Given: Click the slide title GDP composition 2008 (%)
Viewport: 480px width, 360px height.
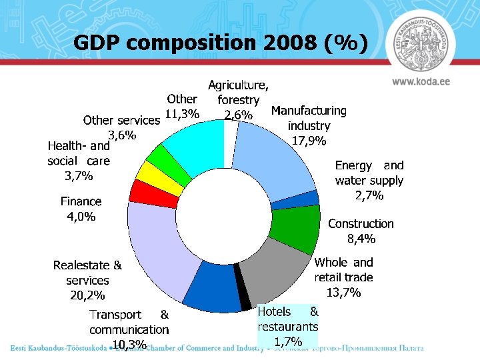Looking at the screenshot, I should click(x=220, y=43).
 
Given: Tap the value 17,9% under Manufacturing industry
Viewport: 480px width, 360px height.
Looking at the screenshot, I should click(x=309, y=141).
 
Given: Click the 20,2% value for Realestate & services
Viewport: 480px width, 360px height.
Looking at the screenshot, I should click(x=87, y=295).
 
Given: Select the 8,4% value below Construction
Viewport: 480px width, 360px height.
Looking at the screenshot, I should click(x=361, y=239).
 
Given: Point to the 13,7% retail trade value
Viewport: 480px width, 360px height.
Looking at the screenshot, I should click(x=343, y=292).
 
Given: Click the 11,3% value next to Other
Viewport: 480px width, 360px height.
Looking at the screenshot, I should click(x=181, y=113).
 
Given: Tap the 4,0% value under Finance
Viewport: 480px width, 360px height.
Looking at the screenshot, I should click(x=81, y=216).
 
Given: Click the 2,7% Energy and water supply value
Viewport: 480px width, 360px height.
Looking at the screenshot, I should click(x=369, y=195).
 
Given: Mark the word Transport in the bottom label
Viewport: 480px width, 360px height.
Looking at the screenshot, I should click(x=115, y=314).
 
